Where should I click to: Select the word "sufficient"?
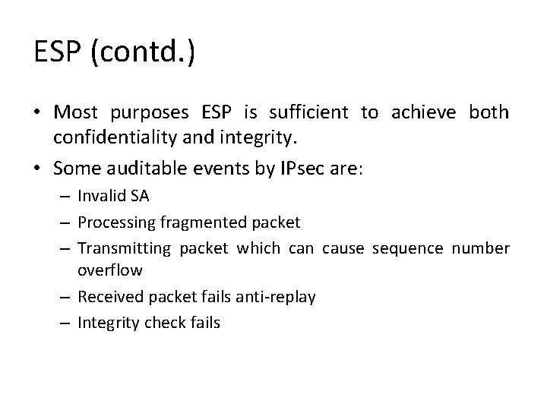(x=308, y=114)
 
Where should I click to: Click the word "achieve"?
(x=423, y=114)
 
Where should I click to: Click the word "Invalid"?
(x=101, y=196)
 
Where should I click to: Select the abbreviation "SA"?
(x=140, y=196)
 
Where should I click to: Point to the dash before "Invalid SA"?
(x=67, y=196)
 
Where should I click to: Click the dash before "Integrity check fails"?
(x=67, y=323)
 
